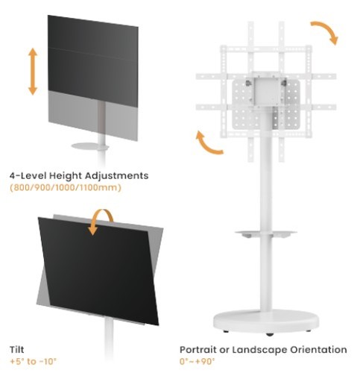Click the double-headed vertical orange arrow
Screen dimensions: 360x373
[33, 72]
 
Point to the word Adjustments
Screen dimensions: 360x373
[117, 176]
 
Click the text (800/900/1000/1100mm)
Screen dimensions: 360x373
[66, 187]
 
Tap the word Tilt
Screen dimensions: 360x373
[17, 350]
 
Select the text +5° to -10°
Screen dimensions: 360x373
[34, 361]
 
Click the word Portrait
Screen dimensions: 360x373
[198, 350]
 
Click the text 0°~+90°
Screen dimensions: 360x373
[198, 361]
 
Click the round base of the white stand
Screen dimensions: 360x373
[266, 322]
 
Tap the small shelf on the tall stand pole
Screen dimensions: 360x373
[265, 233]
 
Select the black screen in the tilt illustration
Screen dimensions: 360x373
[99, 270]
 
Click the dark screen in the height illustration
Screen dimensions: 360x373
[93, 61]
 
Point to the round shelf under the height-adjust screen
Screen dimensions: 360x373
[90, 146]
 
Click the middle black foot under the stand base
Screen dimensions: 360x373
[270, 334]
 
